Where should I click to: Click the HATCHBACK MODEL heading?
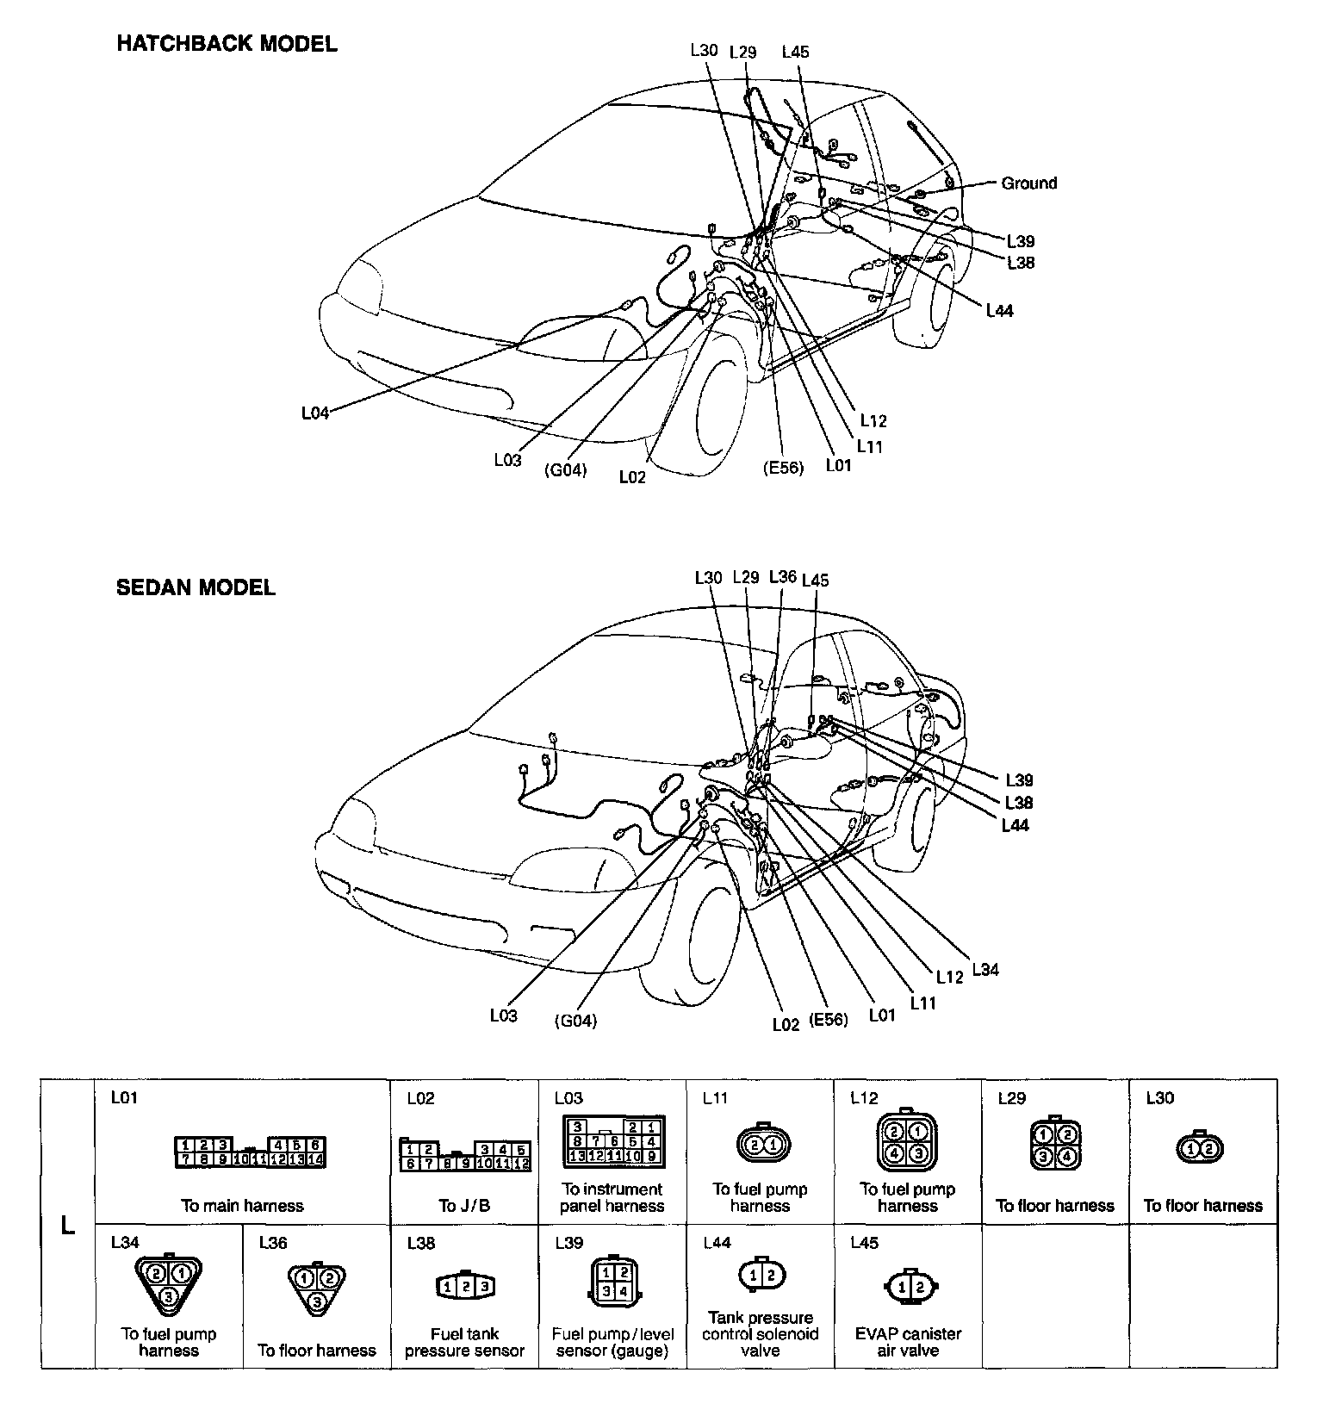coord(227,44)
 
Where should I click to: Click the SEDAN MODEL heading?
coord(196,588)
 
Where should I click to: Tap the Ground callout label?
coord(1028,183)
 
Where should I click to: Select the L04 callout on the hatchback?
coord(315,413)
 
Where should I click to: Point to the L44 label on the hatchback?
coord(999,311)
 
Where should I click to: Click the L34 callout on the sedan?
coord(984,969)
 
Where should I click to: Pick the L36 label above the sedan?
coord(782,576)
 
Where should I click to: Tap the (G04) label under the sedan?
coord(575,1021)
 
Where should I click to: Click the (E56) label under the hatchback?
coord(782,468)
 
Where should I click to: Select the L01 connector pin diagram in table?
coord(250,1152)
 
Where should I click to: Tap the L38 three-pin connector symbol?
coord(464,1286)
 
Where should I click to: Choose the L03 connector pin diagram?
coord(612,1142)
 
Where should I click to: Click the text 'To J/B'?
coord(463,1205)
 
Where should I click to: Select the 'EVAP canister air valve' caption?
coord(908,1342)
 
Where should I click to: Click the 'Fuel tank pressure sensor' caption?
coord(464,1342)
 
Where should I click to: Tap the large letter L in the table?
coord(67,1225)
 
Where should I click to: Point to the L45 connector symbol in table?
coord(908,1288)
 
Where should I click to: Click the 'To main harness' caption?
coord(242,1205)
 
